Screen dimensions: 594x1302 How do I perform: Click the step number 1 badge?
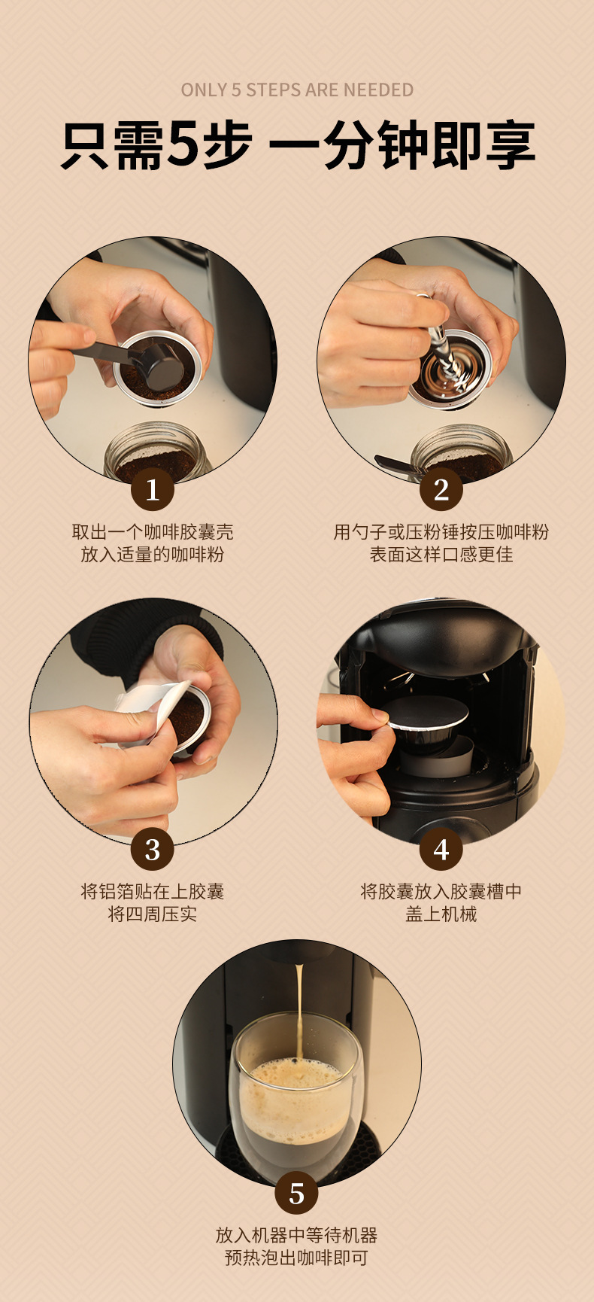tap(153, 490)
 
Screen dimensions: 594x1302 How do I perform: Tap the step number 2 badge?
tap(441, 490)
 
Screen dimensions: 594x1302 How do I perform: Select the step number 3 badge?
tap(153, 850)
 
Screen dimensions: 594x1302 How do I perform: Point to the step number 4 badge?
tap(441, 850)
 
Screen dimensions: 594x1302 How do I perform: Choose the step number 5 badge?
tap(297, 1193)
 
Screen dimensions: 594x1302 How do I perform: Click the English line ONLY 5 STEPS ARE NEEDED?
tap(297, 90)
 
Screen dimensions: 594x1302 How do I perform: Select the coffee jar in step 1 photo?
tap(155, 452)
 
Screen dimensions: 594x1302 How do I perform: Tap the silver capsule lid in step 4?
tap(428, 712)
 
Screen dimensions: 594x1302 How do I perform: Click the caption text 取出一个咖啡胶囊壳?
tap(153, 532)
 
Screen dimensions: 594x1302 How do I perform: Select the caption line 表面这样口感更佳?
tap(441, 555)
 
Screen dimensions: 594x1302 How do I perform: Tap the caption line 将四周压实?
tap(153, 914)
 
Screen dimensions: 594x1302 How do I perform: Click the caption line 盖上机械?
tap(441, 914)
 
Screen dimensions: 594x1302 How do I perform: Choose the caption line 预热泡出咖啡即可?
tap(297, 1258)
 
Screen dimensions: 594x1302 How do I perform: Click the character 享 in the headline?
tap(509, 144)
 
